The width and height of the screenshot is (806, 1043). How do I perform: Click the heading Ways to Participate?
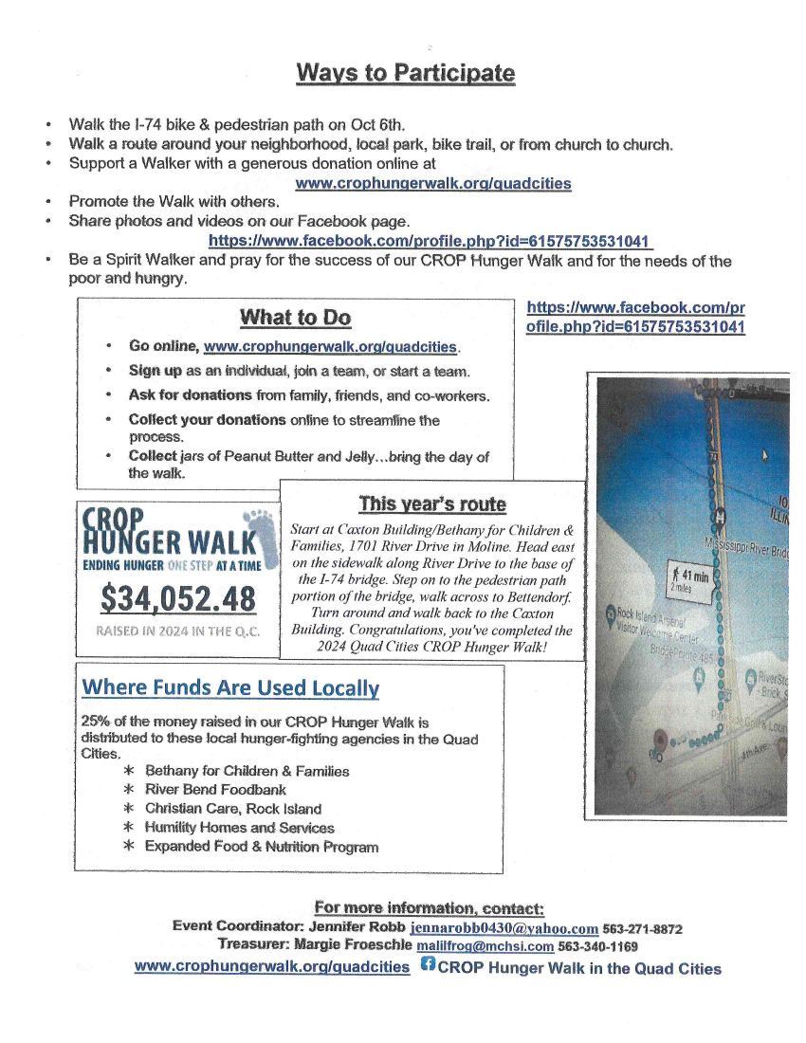(405, 73)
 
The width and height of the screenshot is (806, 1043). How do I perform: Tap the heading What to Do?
(295, 318)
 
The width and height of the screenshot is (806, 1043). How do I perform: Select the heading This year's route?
(431, 503)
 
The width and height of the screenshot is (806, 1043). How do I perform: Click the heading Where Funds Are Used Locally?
(230, 687)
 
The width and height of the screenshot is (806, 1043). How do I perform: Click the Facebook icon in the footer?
(428, 966)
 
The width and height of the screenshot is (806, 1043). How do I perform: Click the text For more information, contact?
(429, 908)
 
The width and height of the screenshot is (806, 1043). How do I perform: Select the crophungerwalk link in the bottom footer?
(271, 968)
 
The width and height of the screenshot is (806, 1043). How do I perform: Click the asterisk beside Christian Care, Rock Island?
(128, 809)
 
